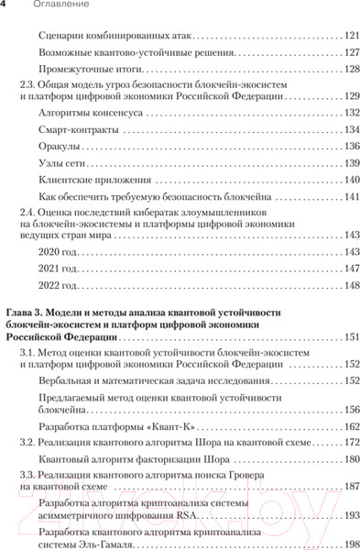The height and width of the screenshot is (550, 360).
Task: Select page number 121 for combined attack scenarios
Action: pos(349,37)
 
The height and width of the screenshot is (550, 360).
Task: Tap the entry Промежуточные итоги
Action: pos(92,71)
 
